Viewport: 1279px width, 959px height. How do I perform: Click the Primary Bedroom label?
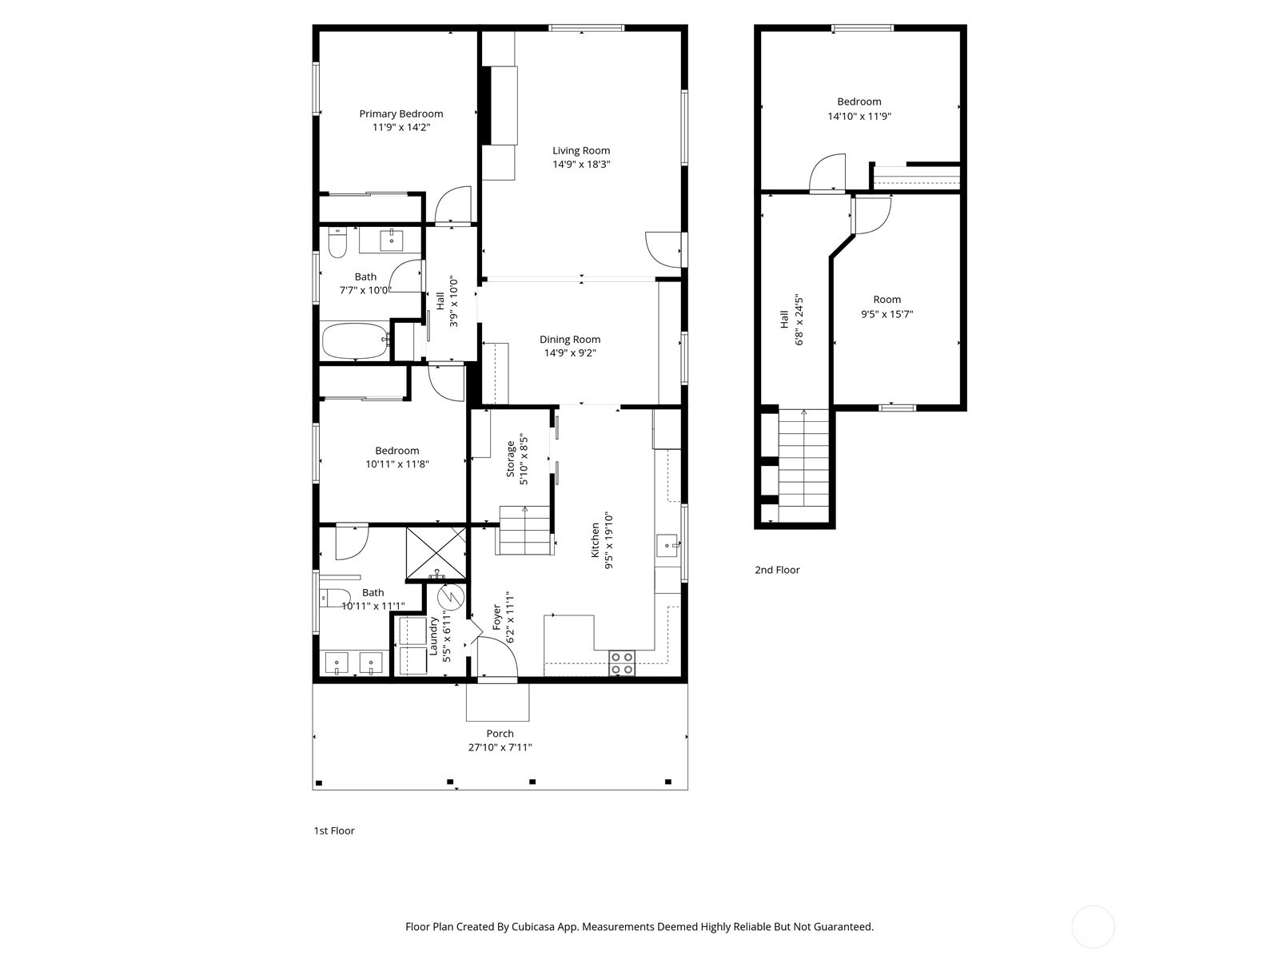click(401, 113)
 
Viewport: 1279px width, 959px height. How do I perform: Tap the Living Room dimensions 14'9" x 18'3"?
click(581, 164)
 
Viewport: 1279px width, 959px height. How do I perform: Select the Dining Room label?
click(569, 340)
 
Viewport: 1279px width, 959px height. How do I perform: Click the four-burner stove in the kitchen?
click(622, 663)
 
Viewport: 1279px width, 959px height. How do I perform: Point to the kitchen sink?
click(667, 545)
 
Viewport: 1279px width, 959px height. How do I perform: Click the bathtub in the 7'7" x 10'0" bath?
click(356, 340)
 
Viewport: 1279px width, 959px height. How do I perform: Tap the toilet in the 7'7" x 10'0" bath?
click(337, 244)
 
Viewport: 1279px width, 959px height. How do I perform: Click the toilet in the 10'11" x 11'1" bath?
click(334, 598)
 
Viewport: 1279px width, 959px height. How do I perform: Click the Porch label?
click(500, 734)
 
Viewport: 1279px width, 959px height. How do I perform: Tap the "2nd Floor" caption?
click(777, 570)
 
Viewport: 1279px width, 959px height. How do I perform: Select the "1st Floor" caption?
click(334, 831)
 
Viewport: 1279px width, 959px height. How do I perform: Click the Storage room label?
click(511, 460)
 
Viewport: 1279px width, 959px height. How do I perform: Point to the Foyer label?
click(497, 617)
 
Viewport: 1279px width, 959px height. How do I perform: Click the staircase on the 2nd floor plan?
click(803, 465)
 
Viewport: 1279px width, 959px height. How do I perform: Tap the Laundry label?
click(433, 635)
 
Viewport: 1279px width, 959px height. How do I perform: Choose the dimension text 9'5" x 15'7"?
click(887, 314)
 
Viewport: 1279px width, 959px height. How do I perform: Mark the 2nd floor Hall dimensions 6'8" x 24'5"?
click(799, 320)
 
